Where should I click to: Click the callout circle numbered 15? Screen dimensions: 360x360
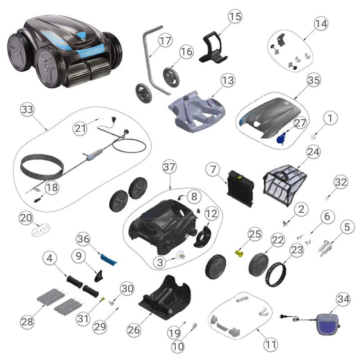point(235,17)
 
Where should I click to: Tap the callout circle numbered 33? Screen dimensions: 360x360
point(27,109)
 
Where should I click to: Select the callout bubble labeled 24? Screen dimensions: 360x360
point(313,152)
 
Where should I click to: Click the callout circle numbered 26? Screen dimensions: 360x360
point(134,329)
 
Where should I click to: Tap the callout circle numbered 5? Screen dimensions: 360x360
point(346,228)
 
